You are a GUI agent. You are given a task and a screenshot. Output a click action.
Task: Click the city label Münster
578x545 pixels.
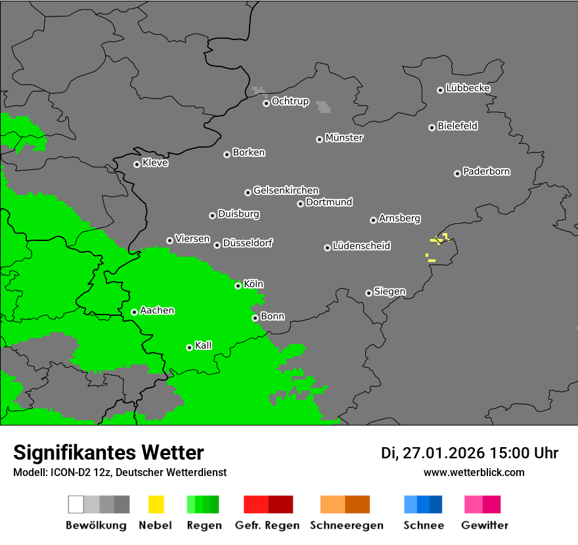pos(344,138)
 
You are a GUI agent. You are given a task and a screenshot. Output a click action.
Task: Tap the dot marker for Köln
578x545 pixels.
pos(238,286)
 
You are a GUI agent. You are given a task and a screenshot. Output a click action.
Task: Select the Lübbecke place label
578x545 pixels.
pos(468,88)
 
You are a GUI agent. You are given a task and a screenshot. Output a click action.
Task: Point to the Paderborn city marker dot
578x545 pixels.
pos(457,173)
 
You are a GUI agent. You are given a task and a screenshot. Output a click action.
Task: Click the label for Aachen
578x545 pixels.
pos(157,311)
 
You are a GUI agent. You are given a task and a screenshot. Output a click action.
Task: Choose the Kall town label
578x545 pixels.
pos(204,345)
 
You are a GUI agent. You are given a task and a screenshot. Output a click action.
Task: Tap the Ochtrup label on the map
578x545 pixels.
pos(290,101)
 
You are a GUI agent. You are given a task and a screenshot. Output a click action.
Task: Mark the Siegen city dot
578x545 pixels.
pos(368,293)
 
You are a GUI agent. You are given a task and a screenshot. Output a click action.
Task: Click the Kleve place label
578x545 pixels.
pos(156,163)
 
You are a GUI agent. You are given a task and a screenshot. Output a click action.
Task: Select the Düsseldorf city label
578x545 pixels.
pos(248,243)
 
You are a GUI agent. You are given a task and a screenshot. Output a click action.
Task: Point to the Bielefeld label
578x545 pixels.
pos(458,126)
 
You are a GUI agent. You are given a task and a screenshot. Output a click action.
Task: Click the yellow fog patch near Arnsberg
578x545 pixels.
pos(438,240)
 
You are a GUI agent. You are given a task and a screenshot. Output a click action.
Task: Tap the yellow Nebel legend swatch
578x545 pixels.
pos(156,504)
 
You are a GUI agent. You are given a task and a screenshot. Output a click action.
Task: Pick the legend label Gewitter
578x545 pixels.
pos(485,525)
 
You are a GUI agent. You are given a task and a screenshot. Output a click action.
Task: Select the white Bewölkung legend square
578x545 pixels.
pos(76,504)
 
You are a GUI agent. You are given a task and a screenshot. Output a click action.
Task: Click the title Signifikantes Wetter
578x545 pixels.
pos(108,452)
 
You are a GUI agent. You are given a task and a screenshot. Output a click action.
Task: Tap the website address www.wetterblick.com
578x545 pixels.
pos(474,472)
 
